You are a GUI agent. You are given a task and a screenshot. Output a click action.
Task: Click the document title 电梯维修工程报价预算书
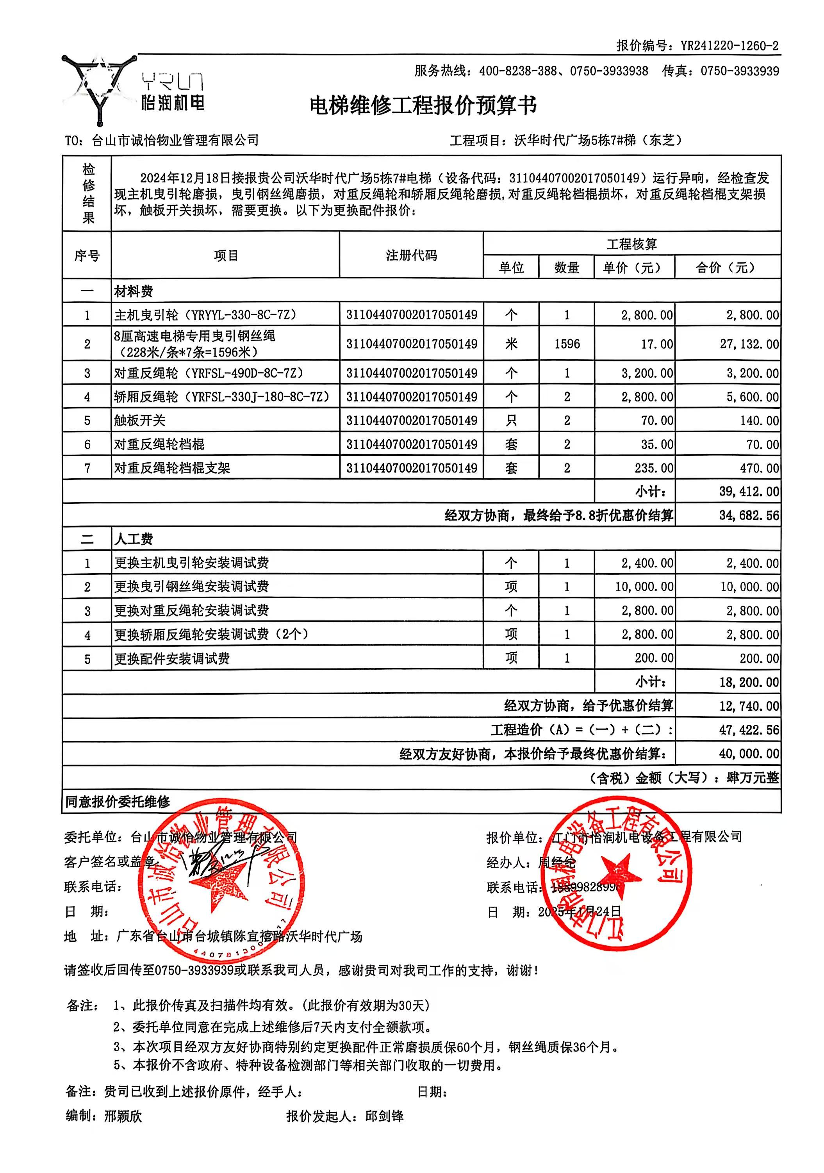click(423, 106)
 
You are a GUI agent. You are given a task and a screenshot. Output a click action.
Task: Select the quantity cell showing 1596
click(567, 344)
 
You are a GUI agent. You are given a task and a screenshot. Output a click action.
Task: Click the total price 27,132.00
click(749, 344)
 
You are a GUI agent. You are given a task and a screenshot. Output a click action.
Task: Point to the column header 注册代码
click(411, 255)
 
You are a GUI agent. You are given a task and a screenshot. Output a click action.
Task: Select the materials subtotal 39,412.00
click(749, 492)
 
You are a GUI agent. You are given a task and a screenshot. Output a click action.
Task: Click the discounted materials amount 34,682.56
click(749, 515)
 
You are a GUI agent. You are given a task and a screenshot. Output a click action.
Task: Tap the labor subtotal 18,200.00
click(749, 682)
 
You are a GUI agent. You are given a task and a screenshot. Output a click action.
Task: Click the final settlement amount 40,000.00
click(749, 754)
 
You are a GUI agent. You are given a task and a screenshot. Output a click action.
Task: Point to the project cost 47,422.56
click(749, 729)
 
